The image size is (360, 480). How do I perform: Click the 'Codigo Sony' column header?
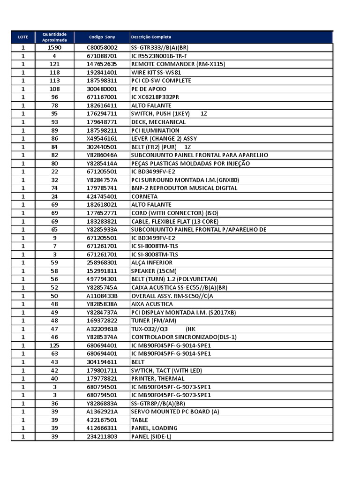point(102,37)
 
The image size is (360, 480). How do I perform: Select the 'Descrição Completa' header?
point(151,37)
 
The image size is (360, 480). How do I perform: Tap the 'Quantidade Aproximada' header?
point(54,37)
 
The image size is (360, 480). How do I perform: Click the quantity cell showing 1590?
point(54,48)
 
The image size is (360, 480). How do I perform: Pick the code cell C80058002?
point(102,48)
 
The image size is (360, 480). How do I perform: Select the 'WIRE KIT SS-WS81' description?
point(156,73)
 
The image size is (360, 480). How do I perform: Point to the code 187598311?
point(102,81)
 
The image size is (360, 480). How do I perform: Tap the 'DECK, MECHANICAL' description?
point(158,122)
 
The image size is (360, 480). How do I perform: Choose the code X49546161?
point(102,139)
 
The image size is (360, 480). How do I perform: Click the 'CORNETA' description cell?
point(144,196)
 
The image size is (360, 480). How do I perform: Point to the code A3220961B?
point(102,329)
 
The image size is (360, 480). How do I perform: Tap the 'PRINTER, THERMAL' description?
point(157,379)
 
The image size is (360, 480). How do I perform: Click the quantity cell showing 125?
point(54,345)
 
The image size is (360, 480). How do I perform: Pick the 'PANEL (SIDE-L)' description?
point(151,436)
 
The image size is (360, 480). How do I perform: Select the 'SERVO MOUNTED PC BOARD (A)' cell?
point(175,412)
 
